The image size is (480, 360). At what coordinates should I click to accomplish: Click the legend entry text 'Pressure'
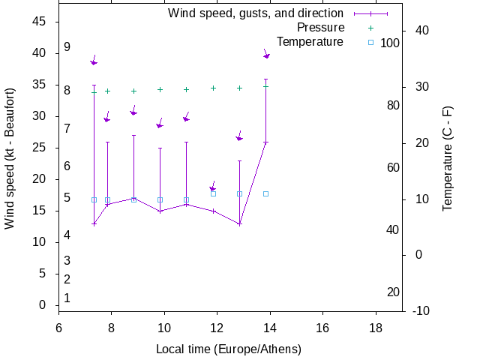pos(310,28)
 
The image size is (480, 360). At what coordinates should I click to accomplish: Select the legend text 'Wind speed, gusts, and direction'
pos(256,13)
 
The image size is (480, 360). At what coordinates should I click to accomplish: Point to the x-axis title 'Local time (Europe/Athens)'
pos(229,349)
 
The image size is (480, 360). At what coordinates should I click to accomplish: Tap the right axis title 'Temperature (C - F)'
pos(448,158)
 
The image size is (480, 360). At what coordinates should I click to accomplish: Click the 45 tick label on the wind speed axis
pos(40,22)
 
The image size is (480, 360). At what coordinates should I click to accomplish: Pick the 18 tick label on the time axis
pos(375,328)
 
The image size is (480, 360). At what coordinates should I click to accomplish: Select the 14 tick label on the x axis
pos(269,328)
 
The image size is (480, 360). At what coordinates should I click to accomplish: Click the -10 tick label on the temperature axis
pos(421,310)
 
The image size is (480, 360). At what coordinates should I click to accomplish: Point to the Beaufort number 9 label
pos(67,46)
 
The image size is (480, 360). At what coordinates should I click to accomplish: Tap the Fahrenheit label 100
pos(390,43)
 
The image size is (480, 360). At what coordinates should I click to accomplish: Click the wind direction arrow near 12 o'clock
pos(213,187)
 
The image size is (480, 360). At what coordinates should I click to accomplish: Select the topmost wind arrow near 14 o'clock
pos(266,54)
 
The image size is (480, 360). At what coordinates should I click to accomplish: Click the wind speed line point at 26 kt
pos(265,142)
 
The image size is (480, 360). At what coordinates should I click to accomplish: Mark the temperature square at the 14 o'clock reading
pos(265,193)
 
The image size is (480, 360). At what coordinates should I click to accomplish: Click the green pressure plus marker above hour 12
pos(213,88)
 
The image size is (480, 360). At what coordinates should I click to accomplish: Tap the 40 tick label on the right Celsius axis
pos(421,31)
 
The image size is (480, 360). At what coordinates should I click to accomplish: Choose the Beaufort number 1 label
pos(67,298)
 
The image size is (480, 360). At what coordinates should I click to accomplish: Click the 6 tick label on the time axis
pos(58,328)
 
